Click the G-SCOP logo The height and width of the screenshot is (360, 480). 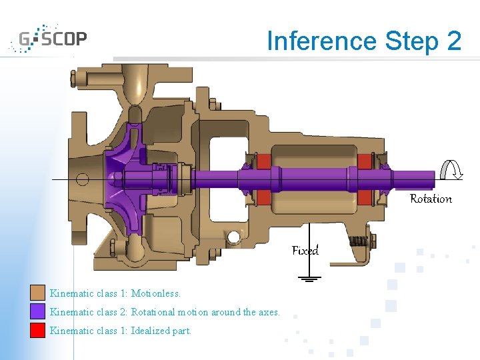point(48,39)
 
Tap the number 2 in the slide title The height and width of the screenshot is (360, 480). point(453,41)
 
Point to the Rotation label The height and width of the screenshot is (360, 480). point(431,199)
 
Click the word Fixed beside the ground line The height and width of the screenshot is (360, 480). point(305,251)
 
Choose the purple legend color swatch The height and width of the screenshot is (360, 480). point(37,311)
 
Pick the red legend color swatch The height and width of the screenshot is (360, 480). point(37,330)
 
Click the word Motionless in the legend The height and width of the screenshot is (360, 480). point(155,293)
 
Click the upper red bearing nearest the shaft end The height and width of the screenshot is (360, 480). point(365,162)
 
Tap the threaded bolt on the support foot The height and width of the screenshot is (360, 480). point(361,241)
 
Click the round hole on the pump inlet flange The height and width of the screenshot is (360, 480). point(82,179)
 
